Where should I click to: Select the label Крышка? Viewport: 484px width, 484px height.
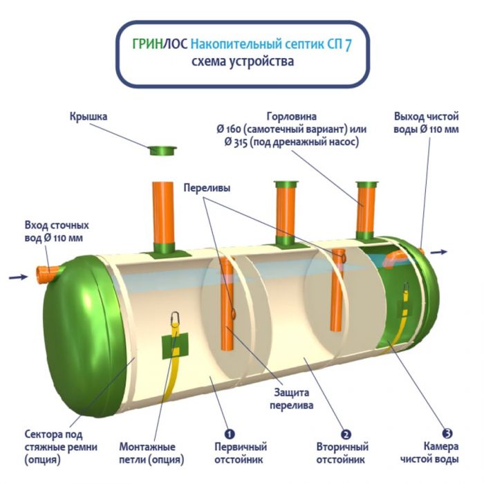[88, 117]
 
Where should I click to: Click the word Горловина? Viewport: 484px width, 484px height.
[290, 115]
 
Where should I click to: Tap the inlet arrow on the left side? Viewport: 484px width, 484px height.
[18, 278]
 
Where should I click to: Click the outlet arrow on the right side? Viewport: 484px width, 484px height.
[438, 252]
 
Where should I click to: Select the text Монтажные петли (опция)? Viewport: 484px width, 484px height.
[147, 453]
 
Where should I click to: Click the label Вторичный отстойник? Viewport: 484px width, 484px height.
[342, 453]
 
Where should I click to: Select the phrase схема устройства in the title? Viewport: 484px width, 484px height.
[241, 62]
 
